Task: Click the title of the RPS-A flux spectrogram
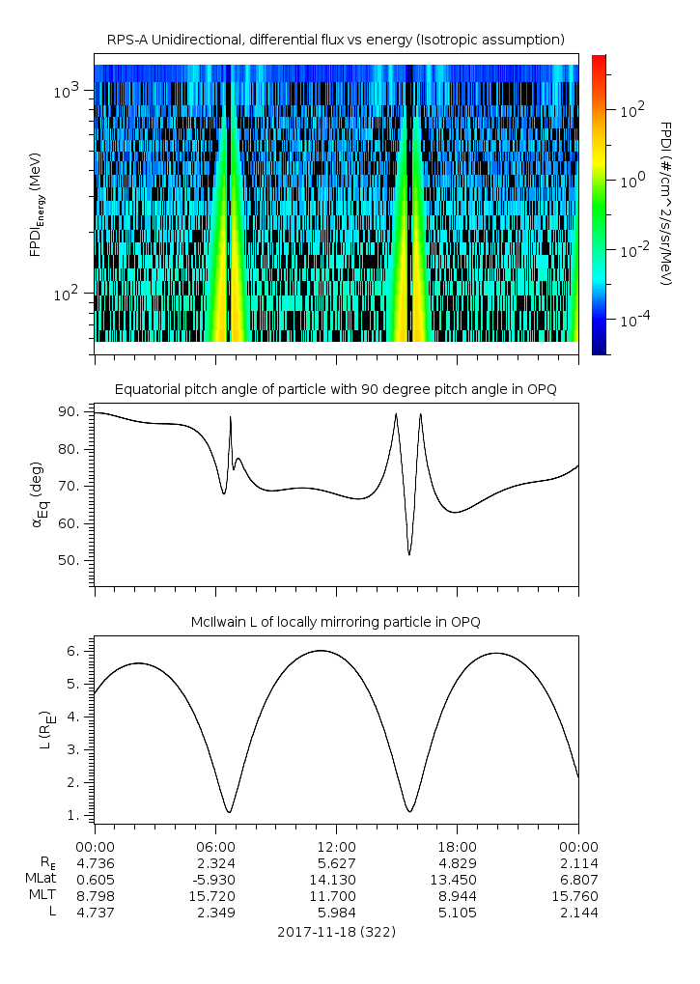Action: coord(335,40)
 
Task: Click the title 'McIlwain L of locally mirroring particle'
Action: coord(335,621)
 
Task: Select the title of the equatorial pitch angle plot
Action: coord(335,389)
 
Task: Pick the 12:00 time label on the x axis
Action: coord(335,846)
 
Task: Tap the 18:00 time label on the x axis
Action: coord(457,846)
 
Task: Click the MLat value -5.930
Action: coord(214,879)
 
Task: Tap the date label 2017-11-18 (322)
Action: coord(335,932)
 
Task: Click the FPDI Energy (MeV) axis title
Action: coord(36,205)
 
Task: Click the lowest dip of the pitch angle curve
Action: coord(409,554)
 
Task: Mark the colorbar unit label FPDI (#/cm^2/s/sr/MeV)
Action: coord(665,203)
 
